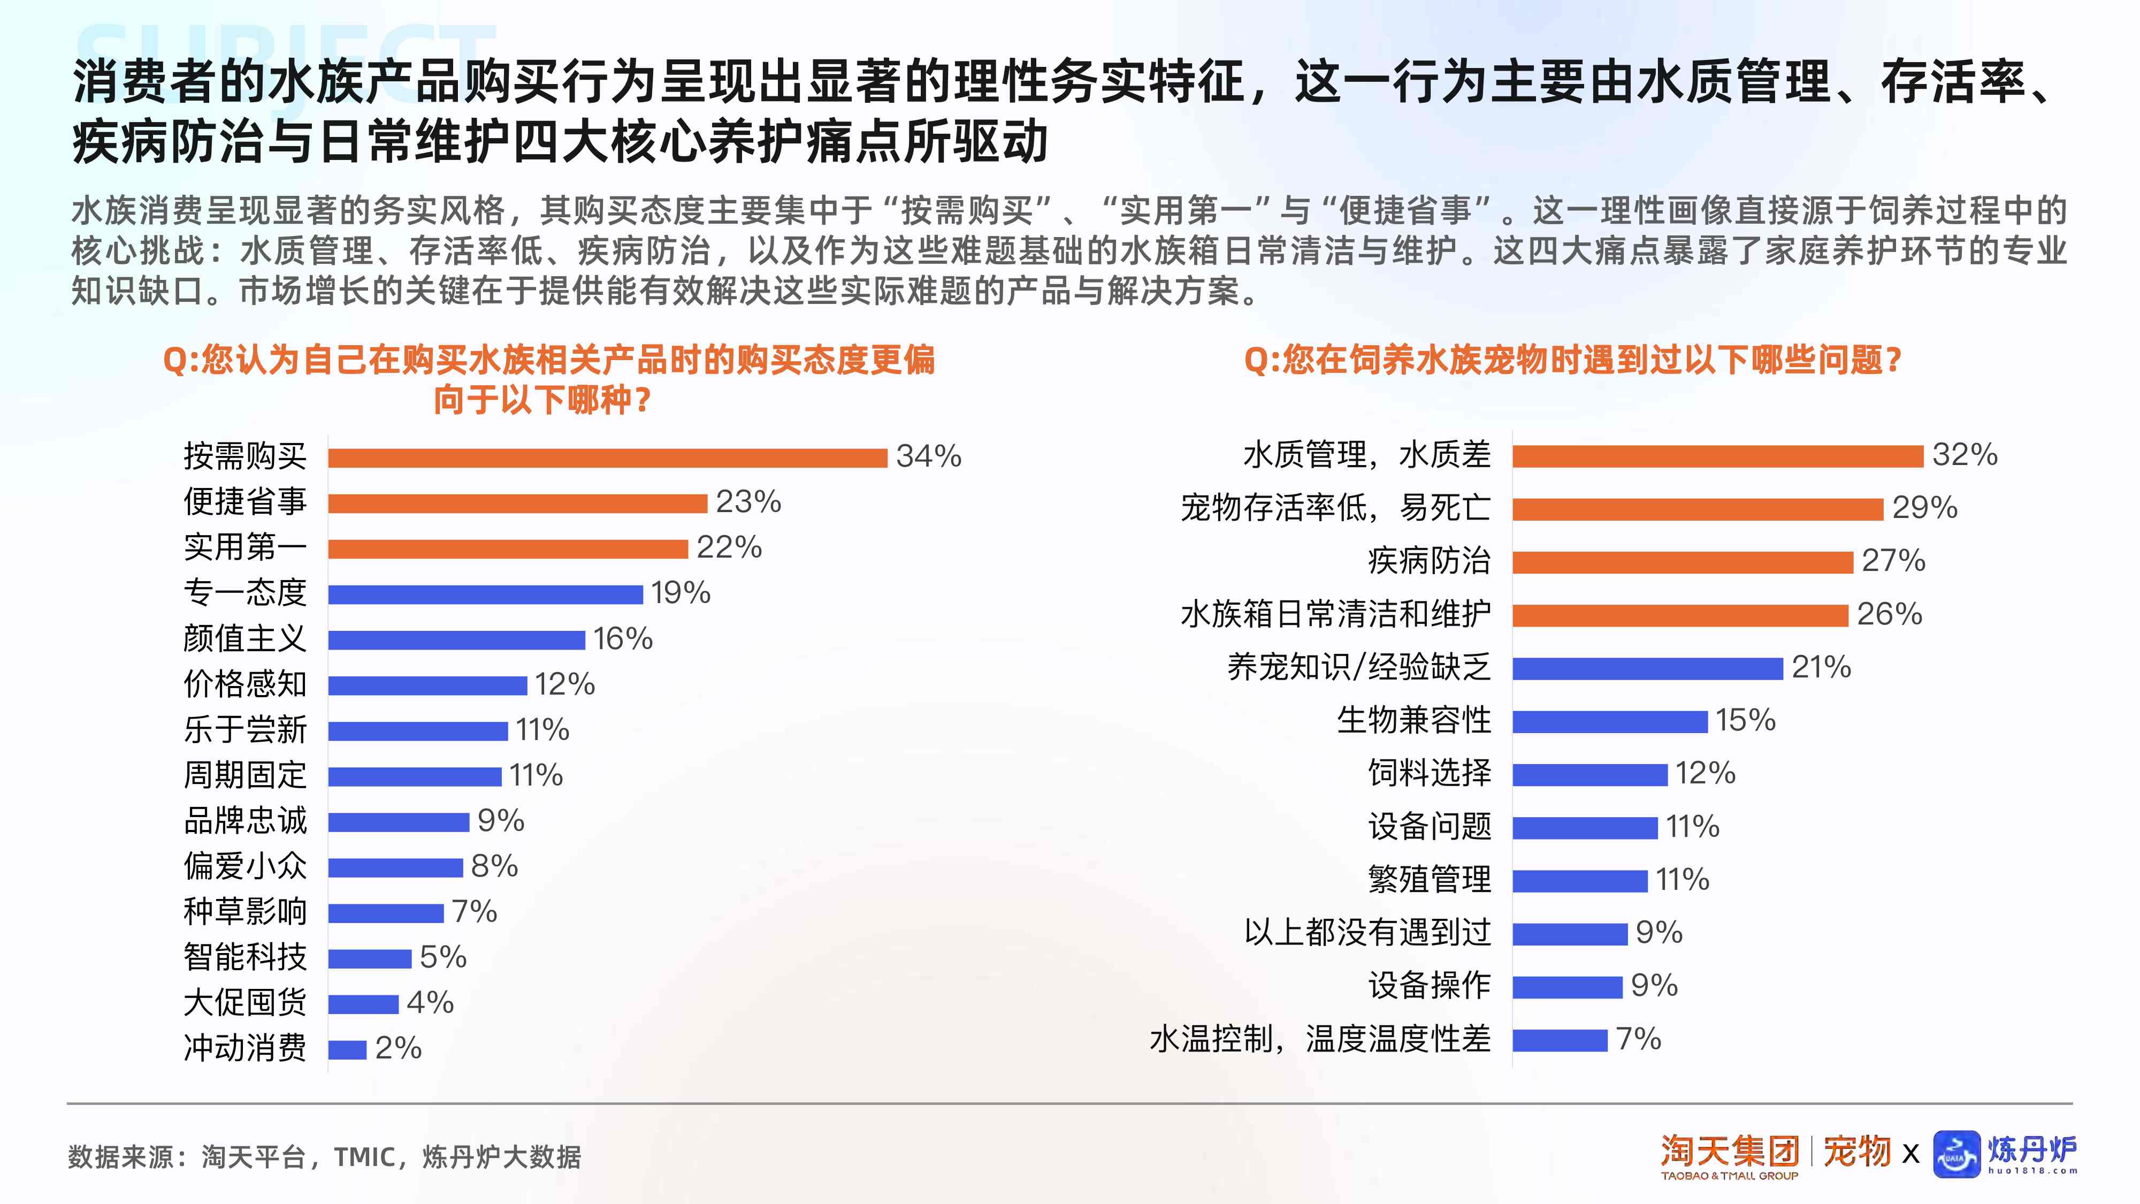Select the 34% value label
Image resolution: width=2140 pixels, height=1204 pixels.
928,456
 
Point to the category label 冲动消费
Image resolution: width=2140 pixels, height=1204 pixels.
245,1048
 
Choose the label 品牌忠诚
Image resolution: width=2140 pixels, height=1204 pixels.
245,821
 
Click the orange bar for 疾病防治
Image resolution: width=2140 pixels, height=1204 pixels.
1682,562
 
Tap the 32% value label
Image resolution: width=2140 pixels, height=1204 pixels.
1964,454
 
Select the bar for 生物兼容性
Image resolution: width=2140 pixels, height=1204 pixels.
1609,721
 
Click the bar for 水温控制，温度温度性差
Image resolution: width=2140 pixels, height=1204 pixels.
1560,1040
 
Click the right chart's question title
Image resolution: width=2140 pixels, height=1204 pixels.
1572,361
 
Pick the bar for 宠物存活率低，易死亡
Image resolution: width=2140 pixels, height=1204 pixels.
1697,509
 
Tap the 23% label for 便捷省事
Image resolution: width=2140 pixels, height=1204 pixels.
748,502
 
